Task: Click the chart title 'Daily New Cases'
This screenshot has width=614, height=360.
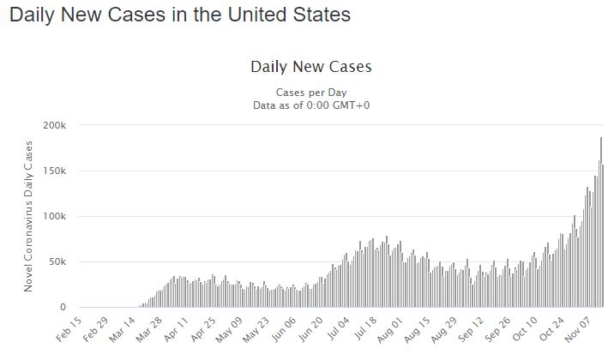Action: (x=310, y=67)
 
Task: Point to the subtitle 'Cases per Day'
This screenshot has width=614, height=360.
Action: (x=310, y=92)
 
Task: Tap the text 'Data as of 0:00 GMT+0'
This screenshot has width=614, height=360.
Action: (x=310, y=105)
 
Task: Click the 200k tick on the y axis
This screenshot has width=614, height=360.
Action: (x=53, y=125)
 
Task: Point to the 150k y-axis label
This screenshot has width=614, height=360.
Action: (x=53, y=171)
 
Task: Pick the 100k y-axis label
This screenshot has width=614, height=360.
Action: (x=53, y=216)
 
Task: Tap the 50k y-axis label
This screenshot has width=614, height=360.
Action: (x=56, y=261)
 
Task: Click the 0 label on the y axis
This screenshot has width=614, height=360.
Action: (x=62, y=307)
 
